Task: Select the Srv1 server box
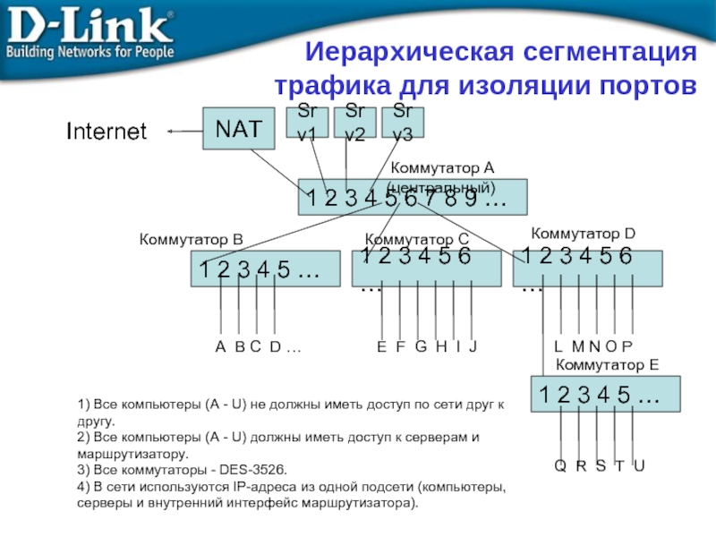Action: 308,121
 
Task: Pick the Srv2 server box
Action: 355,121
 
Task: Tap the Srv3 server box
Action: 403,121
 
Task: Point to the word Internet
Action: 107,132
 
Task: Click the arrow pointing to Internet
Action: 183,132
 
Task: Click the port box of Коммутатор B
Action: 266,268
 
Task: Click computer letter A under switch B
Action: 220,346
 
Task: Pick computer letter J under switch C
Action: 473,346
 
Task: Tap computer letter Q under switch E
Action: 559,465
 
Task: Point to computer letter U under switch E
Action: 638,465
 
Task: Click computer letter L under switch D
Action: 558,346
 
